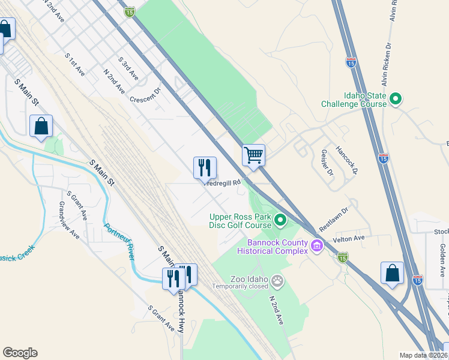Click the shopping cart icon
(254, 155)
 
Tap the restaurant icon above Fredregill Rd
(205, 167)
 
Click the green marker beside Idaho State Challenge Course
(396, 99)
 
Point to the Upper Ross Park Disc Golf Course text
(240, 221)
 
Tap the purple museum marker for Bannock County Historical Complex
(317, 245)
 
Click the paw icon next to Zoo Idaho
(277, 280)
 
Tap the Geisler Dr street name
(327, 163)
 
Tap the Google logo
(20, 353)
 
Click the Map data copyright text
(424, 355)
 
